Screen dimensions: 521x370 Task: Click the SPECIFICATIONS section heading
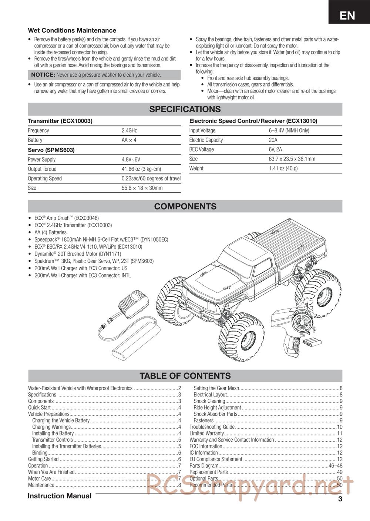[x=185, y=109]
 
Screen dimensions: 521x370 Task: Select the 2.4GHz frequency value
[x=129, y=130]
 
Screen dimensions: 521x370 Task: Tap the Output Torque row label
[x=42, y=169]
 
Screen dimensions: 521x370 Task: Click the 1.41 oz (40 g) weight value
[x=283, y=168]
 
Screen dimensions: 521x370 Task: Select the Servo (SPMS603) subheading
[x=51, y=150]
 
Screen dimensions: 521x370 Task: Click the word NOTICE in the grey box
[x=43, y=75]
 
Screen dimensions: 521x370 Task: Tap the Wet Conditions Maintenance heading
[x=72, y=30]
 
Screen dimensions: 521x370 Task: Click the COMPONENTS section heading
[x=185, y=206]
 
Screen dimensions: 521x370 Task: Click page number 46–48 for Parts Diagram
[x=335, y=466]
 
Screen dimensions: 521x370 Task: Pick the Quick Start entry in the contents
[x=39, y=408]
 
